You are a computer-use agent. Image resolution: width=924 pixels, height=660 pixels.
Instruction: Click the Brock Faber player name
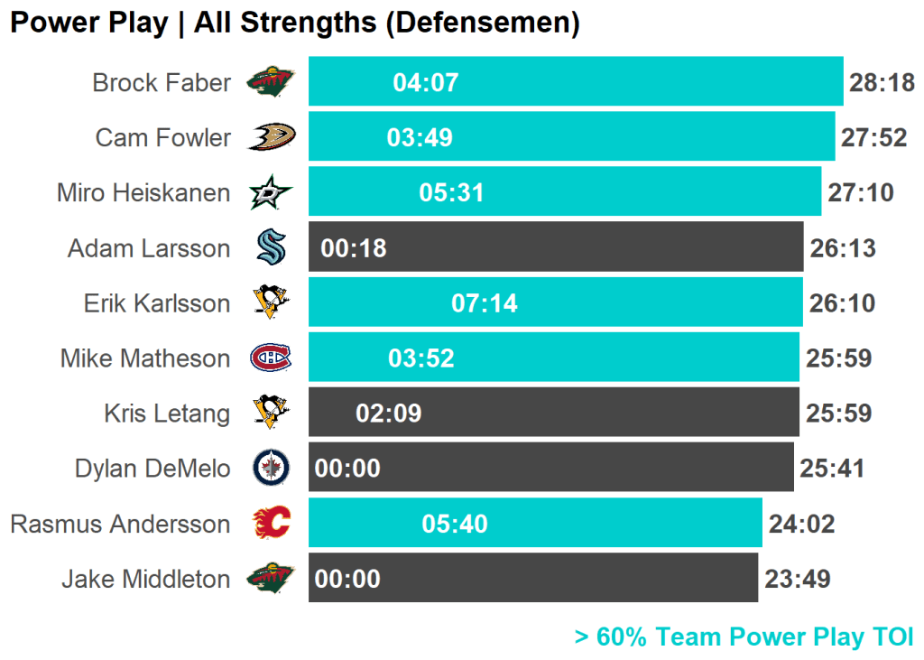tap(162, 83)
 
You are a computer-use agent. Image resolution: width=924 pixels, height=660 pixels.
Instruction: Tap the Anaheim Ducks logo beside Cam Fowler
tap(272, 137)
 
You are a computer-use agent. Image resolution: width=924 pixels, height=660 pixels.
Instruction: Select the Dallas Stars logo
tap(271, 192)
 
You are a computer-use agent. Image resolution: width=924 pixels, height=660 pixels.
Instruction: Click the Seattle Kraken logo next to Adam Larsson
tap(271, 247)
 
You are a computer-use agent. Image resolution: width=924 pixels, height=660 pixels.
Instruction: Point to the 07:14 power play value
tap(485, 303)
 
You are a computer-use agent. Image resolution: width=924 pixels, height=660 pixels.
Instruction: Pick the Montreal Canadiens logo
tap(271, 358)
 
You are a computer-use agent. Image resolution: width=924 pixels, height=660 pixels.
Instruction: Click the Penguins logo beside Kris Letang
tap(271, 414)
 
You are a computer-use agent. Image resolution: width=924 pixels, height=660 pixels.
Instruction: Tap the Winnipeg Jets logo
tap(271, 469)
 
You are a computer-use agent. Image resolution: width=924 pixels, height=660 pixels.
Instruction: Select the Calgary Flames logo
tap(271, 524)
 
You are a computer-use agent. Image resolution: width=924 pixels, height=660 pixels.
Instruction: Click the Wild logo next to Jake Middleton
tap(271, 579)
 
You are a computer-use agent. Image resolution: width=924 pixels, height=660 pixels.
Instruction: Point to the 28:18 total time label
tap(882, 83)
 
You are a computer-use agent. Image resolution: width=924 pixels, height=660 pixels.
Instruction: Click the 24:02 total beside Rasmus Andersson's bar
tap(801, 524)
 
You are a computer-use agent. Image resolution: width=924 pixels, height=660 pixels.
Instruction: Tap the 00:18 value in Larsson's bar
tap(354, 248)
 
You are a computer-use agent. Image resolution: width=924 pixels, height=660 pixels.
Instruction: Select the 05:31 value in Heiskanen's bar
tap(451, 193)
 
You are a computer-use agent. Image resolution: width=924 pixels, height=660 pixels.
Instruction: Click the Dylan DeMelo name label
tap(152, 469)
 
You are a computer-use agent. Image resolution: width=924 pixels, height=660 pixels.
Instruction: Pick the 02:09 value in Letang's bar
tap(389, 414)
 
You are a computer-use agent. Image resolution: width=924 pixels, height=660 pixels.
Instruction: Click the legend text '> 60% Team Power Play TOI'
tap(744, 637)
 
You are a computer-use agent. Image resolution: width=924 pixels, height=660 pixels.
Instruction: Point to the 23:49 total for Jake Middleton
tap(797, 579)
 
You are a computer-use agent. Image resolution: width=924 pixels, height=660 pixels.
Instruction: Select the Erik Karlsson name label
tap(157, 303)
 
